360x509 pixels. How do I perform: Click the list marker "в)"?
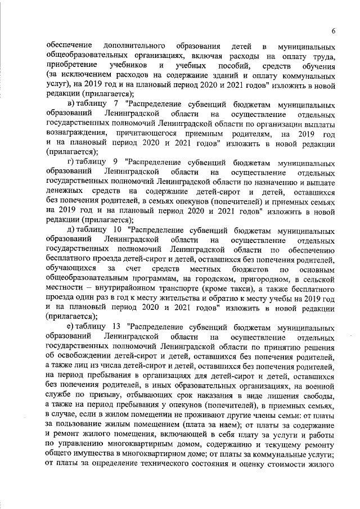pyautogui.click(x=71, y=105)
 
